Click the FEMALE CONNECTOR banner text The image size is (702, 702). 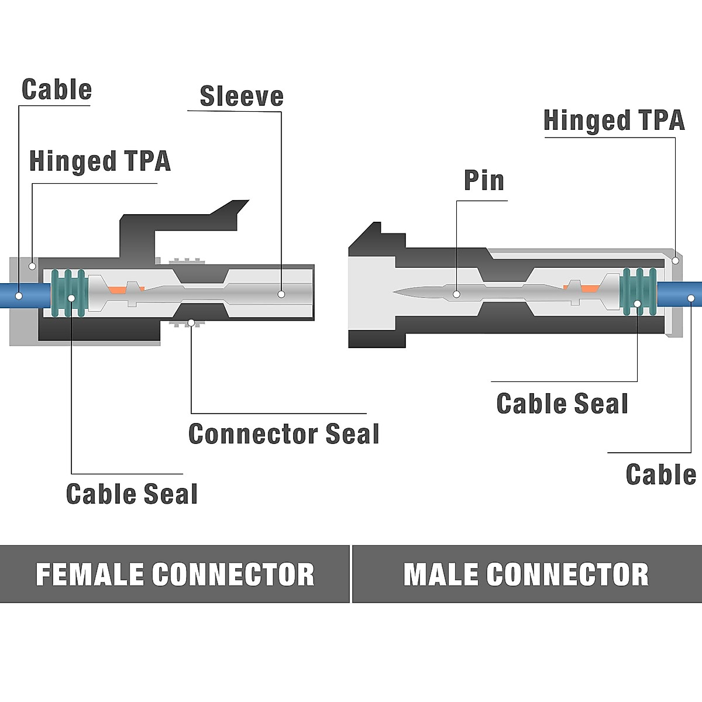coord(175,574)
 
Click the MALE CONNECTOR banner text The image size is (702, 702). coord(526,574)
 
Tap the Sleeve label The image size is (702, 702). coord(242,97)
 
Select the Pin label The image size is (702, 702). coord(484,180)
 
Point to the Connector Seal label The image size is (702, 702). coord(284,433)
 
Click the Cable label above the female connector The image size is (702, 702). coord(57,90)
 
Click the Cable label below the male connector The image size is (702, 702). coord(660,474)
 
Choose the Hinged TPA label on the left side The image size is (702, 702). coord(99,161)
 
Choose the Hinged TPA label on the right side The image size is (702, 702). coord(614,121)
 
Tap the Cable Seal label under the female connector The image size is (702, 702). coord(132,494)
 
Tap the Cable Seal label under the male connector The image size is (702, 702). coord(562,404)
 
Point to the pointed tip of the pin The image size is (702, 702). coord(398,291)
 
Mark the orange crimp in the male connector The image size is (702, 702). coord(588,287)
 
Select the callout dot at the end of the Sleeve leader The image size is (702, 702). coord(281,295)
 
